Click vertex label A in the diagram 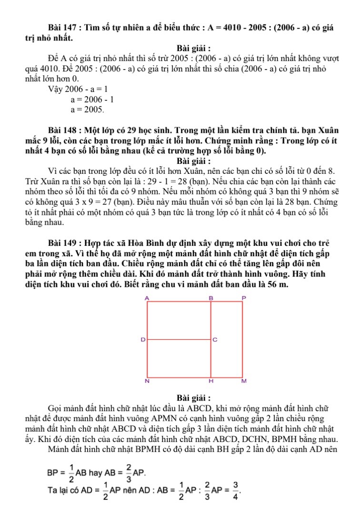pyautogui.click(x=147, y=298)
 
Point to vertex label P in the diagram pyautogui.click(x=244, y=298)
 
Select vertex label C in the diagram pyautogui.click(x=215, y=340)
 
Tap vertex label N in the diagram pyautogui.click(x=147, y=382)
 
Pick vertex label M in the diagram pyautogui.click(x=244, y=382)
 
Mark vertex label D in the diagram pyautogui.click(x=142, y=340)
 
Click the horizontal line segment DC pyautogui.click(x=179, y=340)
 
